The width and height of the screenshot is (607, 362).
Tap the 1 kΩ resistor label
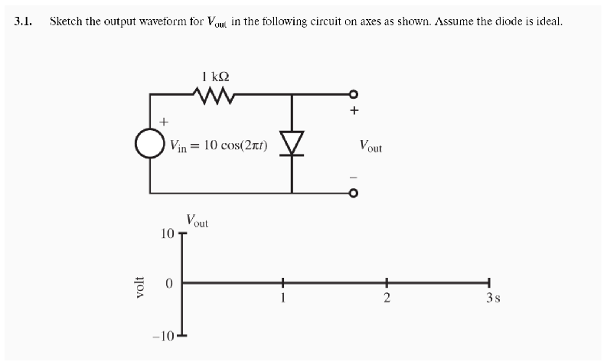215,77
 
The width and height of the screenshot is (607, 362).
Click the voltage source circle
149,143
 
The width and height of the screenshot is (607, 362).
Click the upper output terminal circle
353,95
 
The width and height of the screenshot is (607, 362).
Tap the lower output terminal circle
353,192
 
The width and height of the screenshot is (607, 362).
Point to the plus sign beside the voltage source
163,121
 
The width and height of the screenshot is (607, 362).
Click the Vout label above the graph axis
197,222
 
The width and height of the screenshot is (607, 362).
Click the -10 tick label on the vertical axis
164,335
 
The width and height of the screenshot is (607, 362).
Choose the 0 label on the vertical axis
171,283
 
